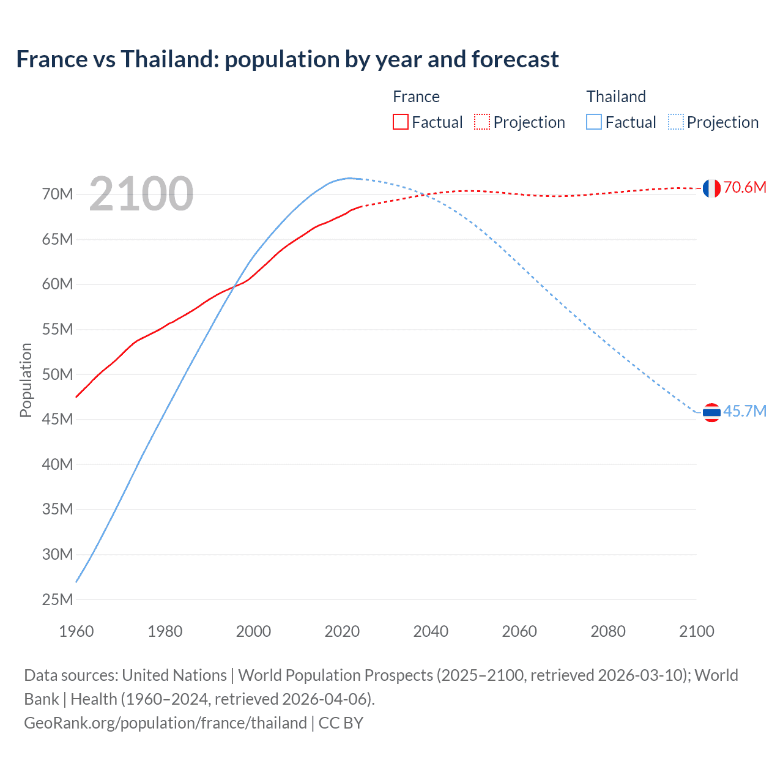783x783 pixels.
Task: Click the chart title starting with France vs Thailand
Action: pos(287,59)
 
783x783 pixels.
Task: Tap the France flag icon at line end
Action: pos(711,188)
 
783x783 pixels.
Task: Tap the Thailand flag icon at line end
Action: pos(711,413)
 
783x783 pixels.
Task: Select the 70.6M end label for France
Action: pos(744,187)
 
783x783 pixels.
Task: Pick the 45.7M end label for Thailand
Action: pos(744,411)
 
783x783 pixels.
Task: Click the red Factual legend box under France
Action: pos(400,122)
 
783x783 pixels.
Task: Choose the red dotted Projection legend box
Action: pos(482,122)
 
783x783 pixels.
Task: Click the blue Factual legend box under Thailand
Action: pos(594,122)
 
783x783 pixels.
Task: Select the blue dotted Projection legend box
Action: pos(675,122)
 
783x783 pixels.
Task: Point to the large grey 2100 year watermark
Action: pos(141,195)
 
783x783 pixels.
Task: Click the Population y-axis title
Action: pos(26,380)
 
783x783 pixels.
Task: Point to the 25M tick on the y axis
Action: pos(58,599)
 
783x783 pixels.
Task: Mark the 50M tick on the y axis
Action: pos(58,374)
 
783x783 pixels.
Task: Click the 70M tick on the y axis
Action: pos(58,195)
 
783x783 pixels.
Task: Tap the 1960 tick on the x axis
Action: pos(76,631)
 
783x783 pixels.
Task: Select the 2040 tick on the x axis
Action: pos(431,631)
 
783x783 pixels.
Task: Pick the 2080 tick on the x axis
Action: pos(608,631)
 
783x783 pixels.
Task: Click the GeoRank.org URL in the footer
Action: pos(165,723)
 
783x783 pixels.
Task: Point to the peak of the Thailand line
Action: pos(350,178)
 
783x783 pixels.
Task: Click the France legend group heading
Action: pos(416,97)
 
